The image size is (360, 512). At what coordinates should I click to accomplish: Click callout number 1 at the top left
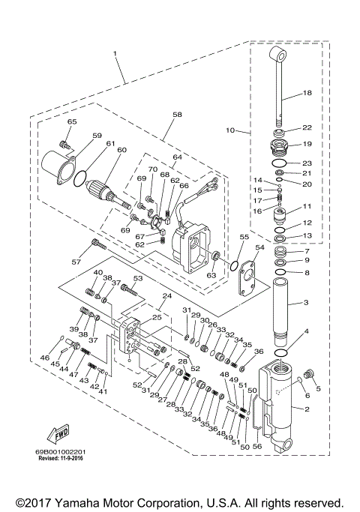coord(115,54)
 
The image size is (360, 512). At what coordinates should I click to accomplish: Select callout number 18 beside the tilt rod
coord(306,93)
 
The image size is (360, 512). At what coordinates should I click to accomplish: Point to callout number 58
coord(177,115)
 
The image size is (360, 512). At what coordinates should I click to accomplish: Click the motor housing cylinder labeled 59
coord(57,165)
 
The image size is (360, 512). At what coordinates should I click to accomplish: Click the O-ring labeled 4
coord(281,352)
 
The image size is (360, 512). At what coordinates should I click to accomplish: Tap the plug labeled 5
coord(313,374)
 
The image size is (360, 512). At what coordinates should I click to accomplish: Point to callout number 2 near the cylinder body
coord(306,409)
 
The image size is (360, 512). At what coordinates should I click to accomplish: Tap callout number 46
coord(46,359)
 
